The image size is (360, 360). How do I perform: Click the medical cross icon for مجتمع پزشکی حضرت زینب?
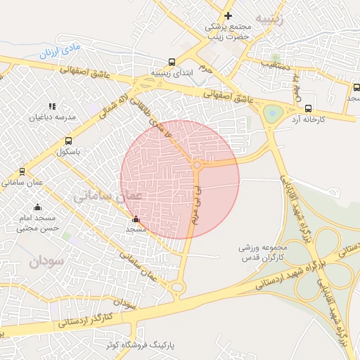[228, 15]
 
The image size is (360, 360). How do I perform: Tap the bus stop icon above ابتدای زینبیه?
[173, 62]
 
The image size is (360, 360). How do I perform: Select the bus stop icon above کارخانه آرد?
[309, 108]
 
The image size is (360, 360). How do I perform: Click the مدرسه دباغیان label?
[52, 117]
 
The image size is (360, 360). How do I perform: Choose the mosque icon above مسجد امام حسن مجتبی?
[37, 207]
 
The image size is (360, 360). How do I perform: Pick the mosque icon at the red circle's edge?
[136, 219]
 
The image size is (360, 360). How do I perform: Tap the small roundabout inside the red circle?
[198, 165]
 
